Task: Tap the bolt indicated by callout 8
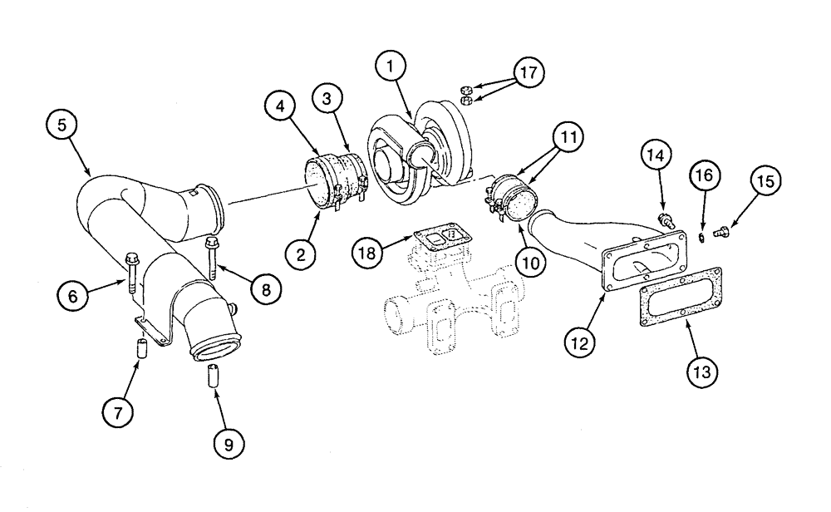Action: coord(209,258)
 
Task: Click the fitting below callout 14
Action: coord(664,221)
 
